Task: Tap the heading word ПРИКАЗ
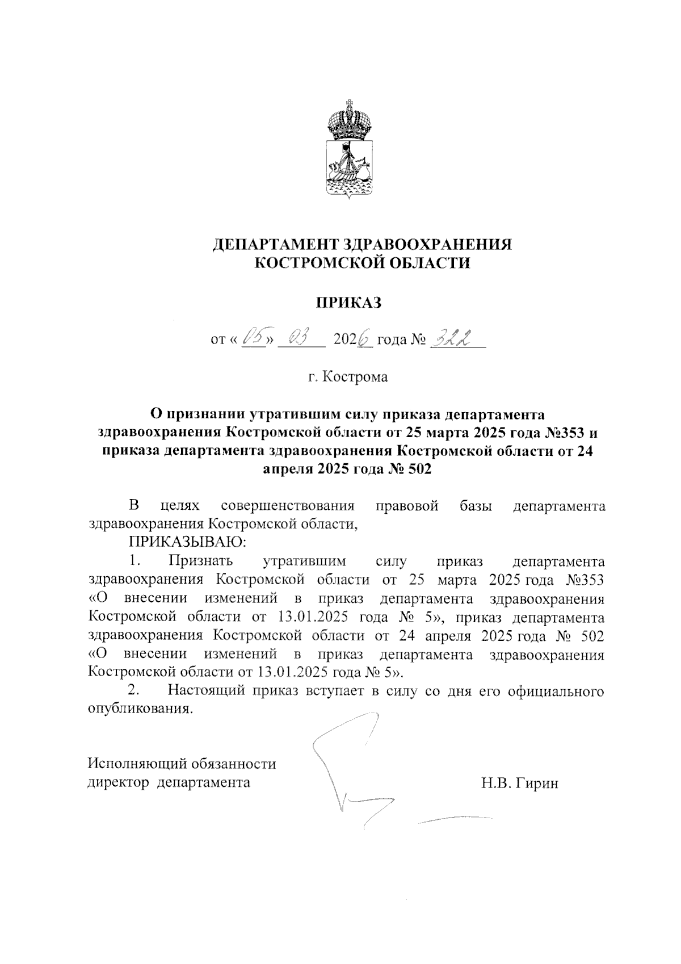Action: (x=348, y=303)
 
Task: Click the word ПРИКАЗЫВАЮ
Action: (x=188, y=542)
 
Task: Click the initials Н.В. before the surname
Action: (x=497, y=784)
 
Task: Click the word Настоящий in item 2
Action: (x=205, y=691)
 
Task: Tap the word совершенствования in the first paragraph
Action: (x=288, y=506)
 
